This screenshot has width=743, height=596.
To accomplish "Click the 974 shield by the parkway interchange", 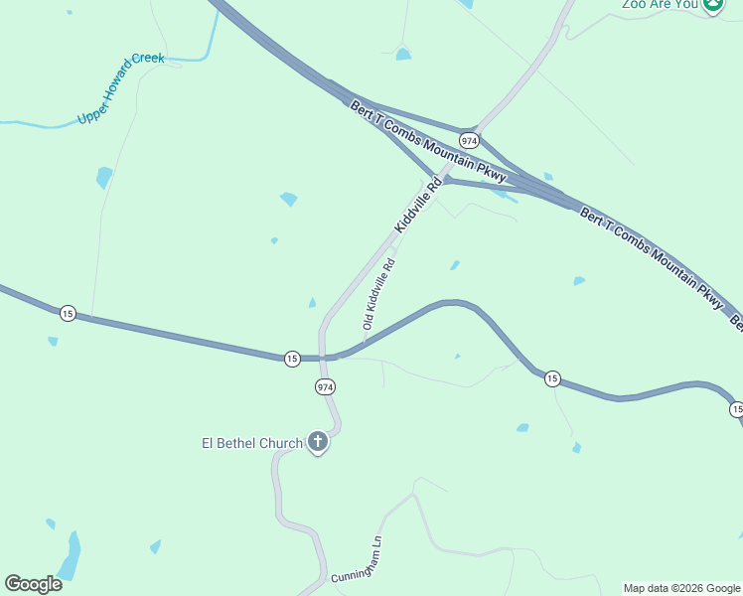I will click(470, 140).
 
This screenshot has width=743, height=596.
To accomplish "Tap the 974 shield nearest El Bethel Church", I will click(325, 386).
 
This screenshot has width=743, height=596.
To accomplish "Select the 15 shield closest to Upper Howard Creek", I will click(67, 313).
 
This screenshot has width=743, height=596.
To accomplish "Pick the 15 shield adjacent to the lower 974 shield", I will click(291, 358).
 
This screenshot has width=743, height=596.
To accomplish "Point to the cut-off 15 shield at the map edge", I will click(737, 409).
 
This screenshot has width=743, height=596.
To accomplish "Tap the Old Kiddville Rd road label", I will click(379, 294).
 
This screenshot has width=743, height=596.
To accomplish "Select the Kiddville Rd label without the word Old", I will click(417, 206).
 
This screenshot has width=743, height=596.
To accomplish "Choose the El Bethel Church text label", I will click(252, 443).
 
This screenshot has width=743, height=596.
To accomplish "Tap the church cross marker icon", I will click(318, 442).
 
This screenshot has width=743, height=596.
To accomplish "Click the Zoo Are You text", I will click(660, 4).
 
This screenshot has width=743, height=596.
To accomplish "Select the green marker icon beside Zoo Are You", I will click(713, 5).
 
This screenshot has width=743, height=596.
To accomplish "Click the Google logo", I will click(33, 584).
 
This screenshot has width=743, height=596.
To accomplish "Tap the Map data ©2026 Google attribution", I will click(681, 588).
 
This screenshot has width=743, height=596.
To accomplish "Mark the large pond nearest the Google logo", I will click(70, 554).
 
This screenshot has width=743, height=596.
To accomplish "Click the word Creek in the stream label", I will click(148, 59).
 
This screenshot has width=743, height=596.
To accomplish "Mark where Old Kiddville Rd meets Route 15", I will click(366, 343).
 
